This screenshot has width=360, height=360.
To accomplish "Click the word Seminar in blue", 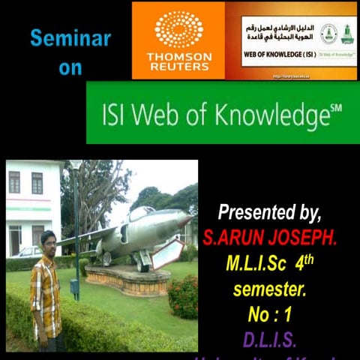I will pyautogui.click(x=70, y=38).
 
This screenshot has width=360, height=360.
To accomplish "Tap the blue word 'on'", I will pyautogui.click(x=70, y=67).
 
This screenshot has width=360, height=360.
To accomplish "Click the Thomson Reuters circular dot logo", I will pyautogui.click(x=178, y=29).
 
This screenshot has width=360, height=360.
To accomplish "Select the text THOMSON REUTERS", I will pyautogui.click(x=178, y=61).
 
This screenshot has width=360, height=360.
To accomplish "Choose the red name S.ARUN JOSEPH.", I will pyautogui.click(x=271, y=238).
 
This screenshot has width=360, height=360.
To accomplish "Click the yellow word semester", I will pyautogui.click(x=270, y=289).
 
